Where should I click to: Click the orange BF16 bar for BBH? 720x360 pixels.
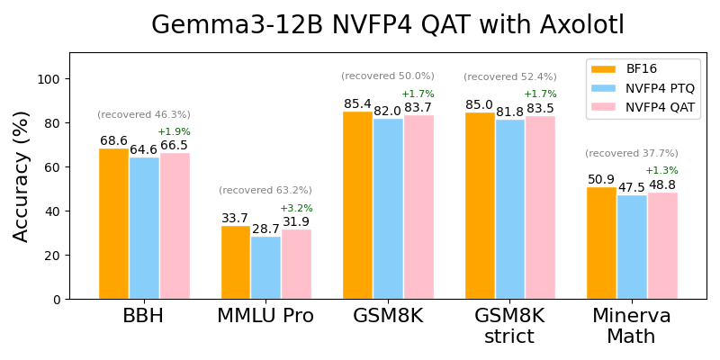tap(113, 224)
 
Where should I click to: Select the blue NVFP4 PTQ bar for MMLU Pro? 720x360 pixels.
tap(265, 267)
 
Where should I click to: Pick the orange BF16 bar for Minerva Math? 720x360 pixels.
tap(601, 243)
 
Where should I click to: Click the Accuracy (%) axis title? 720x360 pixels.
tap(21, 176)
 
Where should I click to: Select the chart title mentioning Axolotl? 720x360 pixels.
tap(387, 25)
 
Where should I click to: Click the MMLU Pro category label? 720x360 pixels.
tap(265, 317)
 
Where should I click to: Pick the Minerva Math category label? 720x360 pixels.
tap(631, 327)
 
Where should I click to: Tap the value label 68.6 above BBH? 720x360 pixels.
tap(113, 141)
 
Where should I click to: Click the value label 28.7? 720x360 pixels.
tap(265, 229)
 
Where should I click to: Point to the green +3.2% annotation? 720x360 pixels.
tap(296, 209)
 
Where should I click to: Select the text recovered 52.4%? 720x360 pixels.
tap(509, 76)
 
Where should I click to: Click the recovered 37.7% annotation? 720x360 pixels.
tap(631, 154)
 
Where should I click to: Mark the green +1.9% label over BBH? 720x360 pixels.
tap(175, 132)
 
